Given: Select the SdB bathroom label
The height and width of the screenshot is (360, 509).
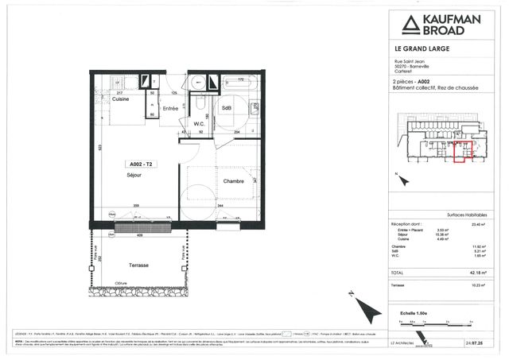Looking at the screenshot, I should pyautogui.click(x=227, y=107).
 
